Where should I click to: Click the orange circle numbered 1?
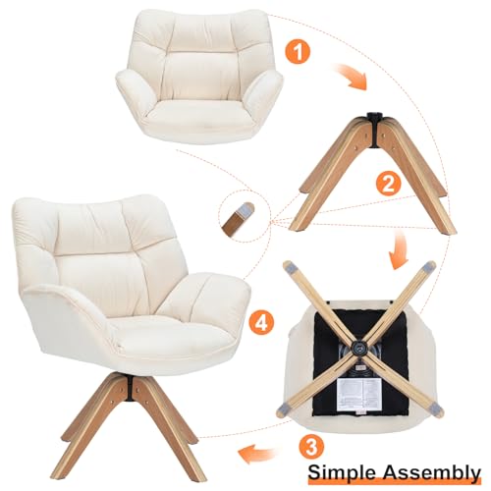click(298, 52)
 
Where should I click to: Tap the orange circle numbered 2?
click(388, 184)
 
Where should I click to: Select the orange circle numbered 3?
click(311, 447)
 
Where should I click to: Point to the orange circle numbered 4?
click(261, 323)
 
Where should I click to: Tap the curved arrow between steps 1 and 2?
click(351, 77)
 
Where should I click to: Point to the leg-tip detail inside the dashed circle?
click(239, 219)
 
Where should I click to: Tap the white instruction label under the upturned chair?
click(357, 394)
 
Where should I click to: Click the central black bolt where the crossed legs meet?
click(357, 348)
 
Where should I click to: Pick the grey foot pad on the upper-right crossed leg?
click(429, 267)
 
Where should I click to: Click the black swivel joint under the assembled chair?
click(131, 388)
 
